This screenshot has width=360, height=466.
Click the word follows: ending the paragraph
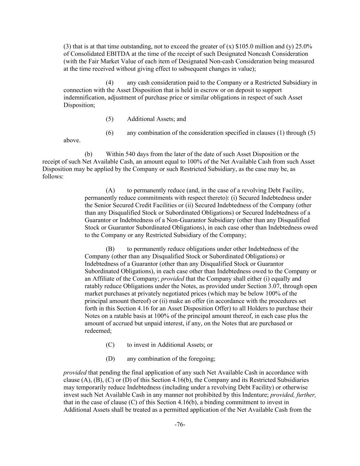pyautogui.click(x=53, y=176)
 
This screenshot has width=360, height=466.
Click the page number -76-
pyautogui.click(x=180, y=425)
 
